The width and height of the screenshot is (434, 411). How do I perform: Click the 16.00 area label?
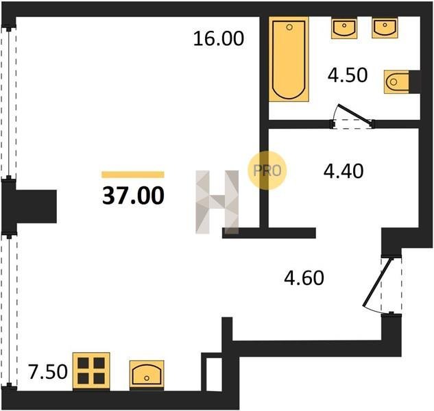(219, 38)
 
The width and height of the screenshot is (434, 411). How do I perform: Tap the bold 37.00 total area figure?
(133, 195)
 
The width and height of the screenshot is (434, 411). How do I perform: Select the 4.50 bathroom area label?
(348, 75)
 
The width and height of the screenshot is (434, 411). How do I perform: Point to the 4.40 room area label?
(343, 171)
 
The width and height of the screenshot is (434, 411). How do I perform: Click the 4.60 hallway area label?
(304, 278)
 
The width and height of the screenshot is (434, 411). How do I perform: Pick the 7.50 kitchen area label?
(48, 372)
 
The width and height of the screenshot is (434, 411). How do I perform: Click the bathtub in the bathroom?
(289, 59)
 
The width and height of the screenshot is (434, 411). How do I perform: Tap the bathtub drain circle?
(289, 27)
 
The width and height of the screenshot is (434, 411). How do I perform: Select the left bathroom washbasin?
(344, 28)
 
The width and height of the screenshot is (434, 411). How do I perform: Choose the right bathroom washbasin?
(385, 27)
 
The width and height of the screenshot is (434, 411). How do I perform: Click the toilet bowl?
(396, 82)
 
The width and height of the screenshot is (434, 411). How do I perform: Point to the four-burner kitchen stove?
(91, 371)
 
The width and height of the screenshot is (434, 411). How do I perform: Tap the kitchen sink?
(147, 375)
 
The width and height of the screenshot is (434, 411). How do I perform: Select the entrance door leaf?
(378, 283)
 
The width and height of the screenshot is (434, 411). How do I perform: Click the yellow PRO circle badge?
(267, 171)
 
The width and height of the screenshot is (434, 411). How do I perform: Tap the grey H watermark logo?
(217, 202)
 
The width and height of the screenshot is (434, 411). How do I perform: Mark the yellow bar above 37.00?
(133, 175)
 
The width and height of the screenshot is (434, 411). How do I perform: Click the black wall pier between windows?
(29, 206)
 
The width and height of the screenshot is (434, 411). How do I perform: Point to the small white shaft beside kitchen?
(214, 374)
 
